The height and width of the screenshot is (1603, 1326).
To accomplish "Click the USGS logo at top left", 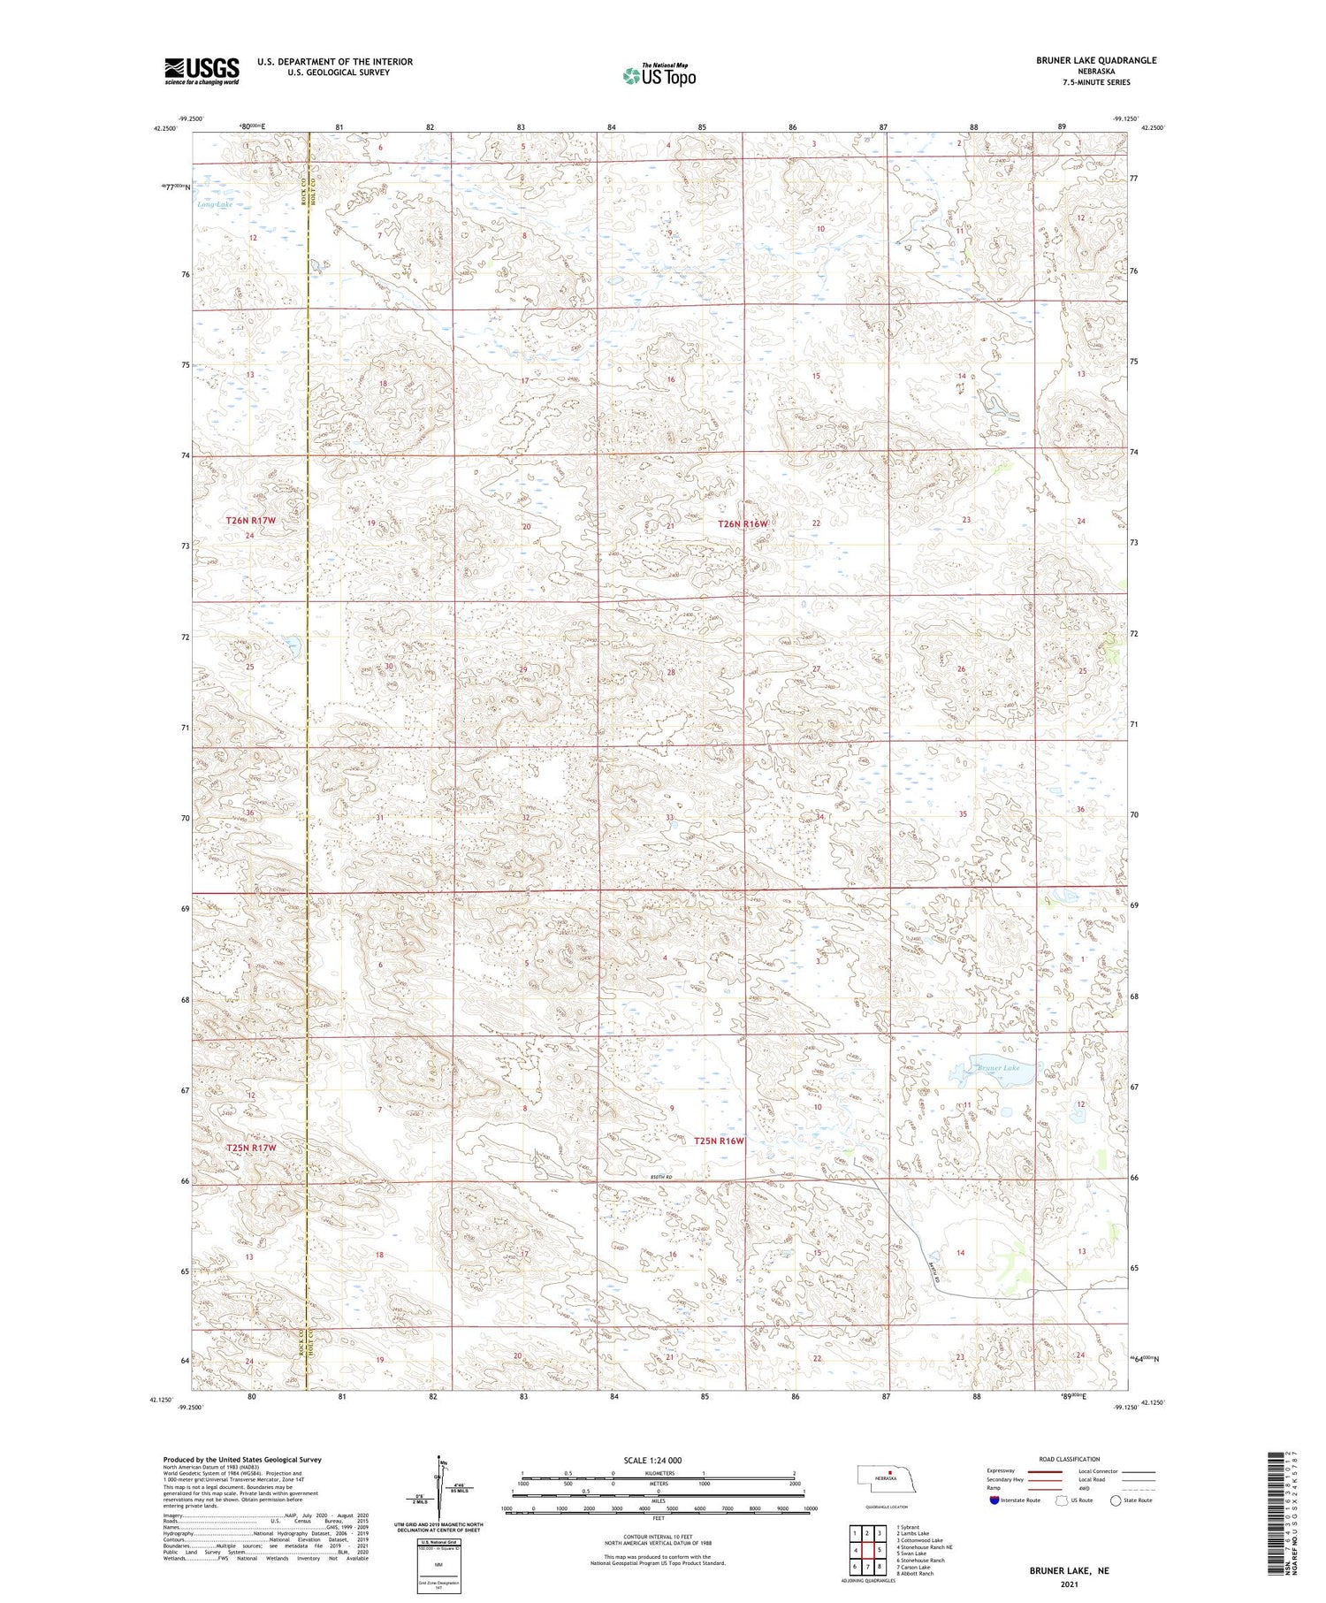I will [202, 71].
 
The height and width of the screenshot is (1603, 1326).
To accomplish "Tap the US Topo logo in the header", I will [659, 76].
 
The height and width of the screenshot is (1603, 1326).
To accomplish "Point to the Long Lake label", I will [215, 204].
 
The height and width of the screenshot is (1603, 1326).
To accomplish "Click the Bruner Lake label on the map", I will [999, 1068].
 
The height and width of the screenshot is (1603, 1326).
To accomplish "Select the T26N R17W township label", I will [251, 521].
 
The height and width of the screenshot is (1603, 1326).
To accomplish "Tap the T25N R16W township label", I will [719, 1141].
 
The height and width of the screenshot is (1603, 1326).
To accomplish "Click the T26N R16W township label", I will [743, 523].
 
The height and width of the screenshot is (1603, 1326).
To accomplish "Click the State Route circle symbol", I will [1116, 1500].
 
